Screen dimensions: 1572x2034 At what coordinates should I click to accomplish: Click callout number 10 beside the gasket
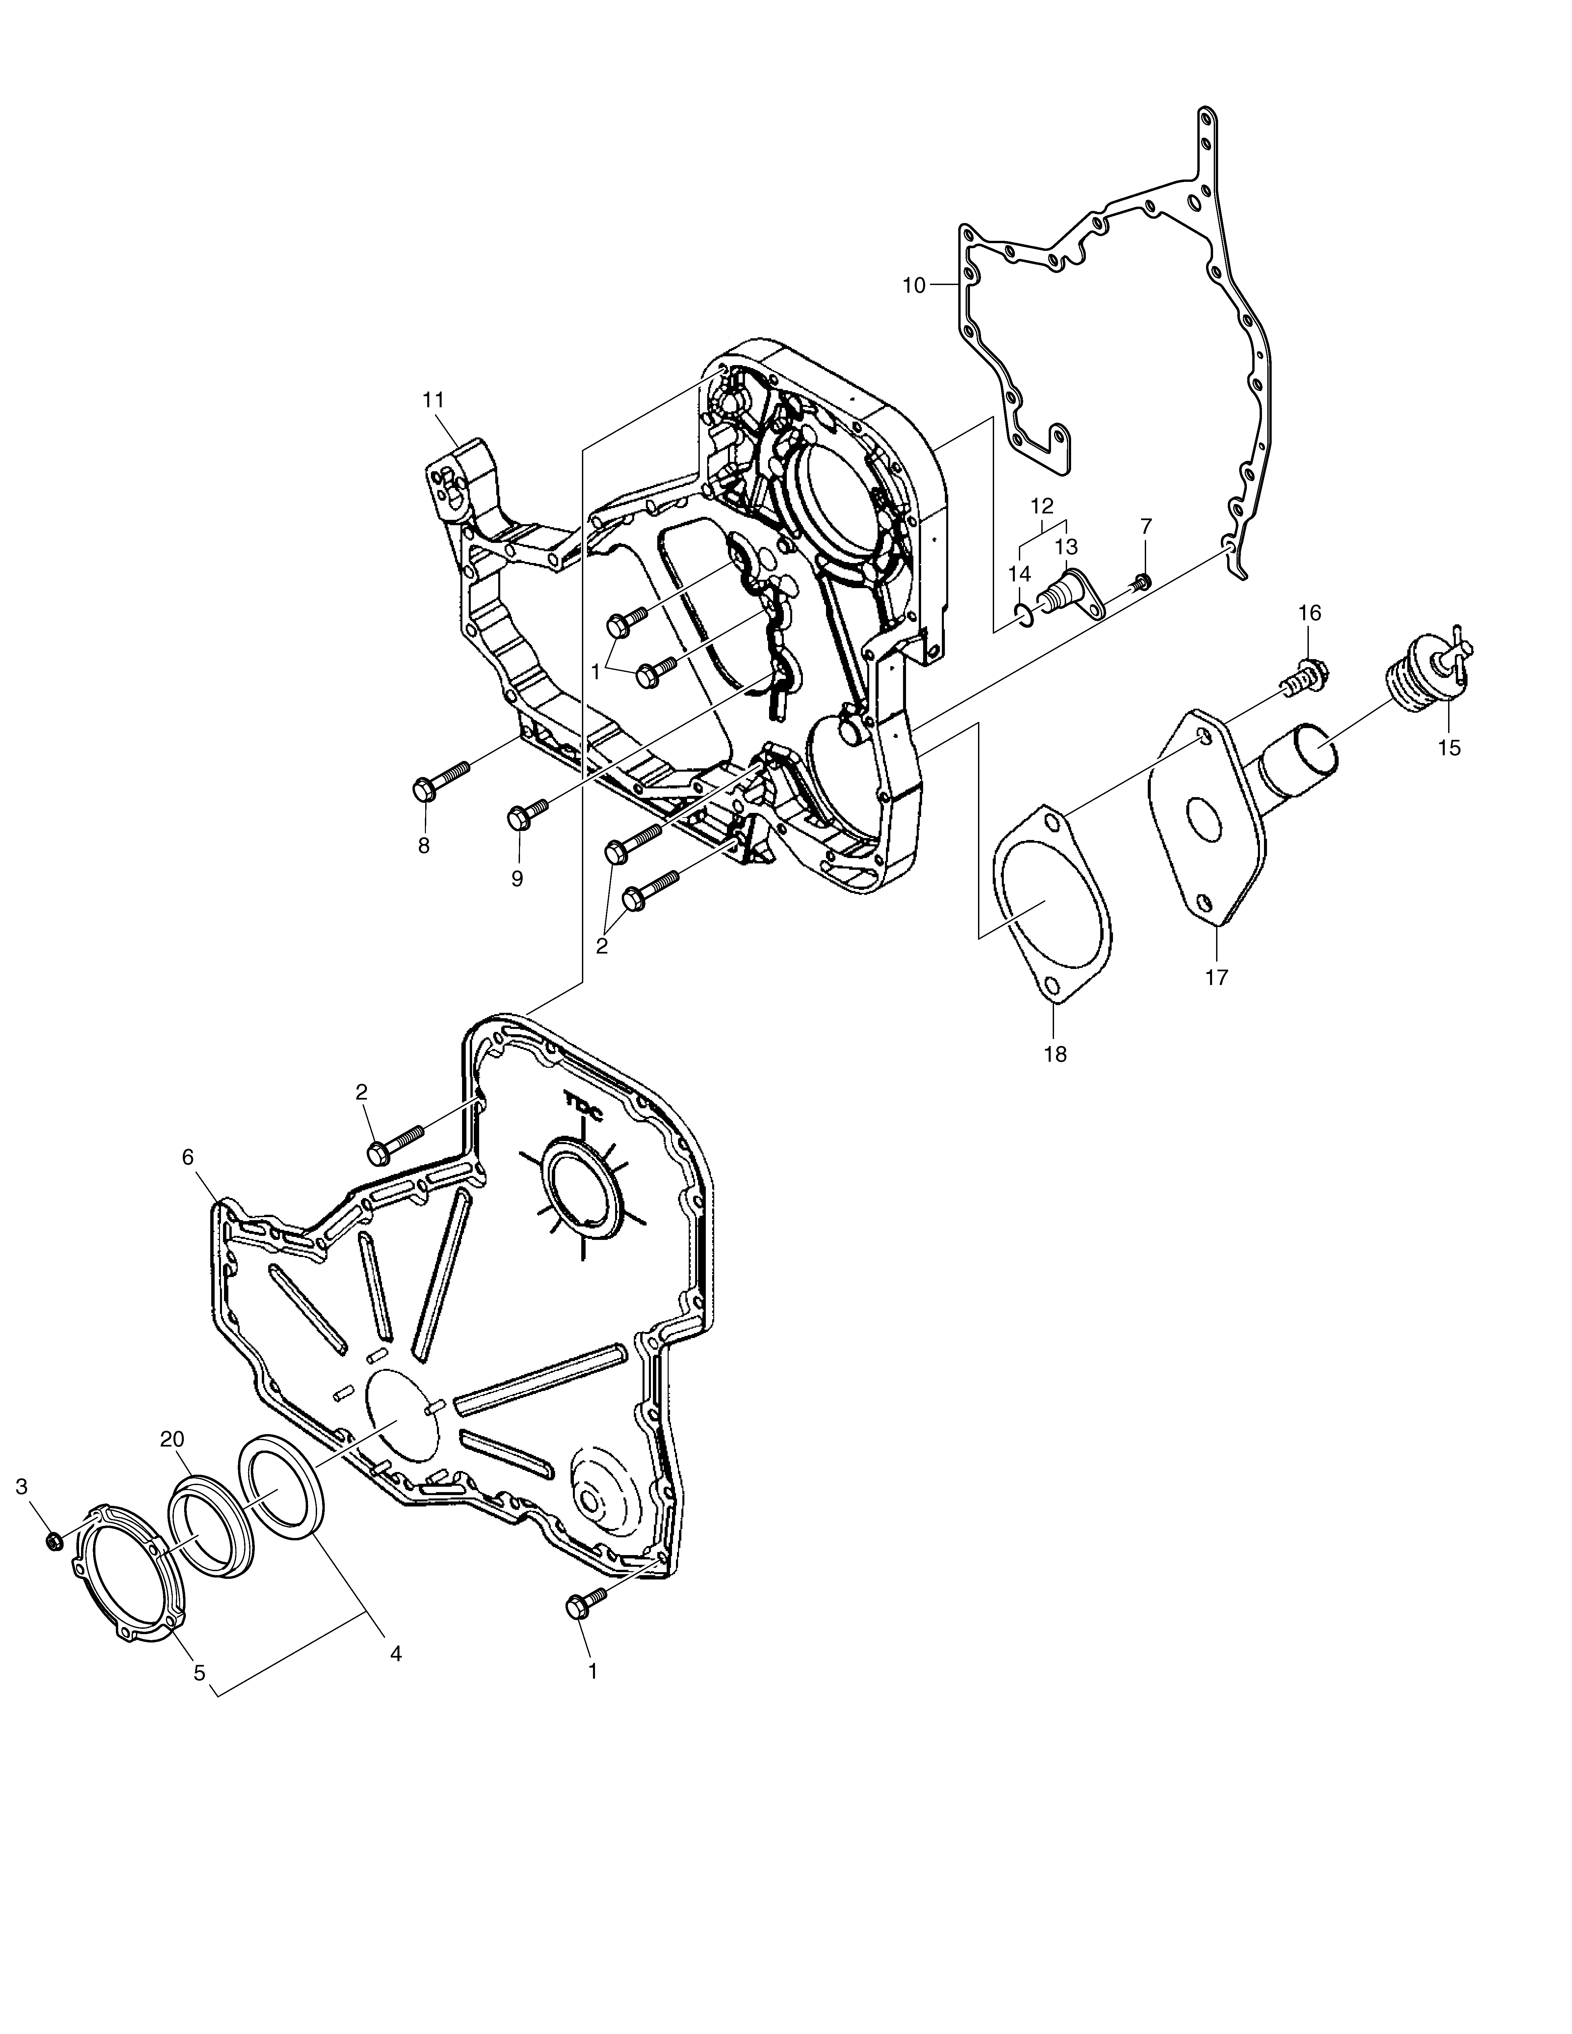[914, 286]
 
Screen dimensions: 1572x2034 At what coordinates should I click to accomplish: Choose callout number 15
[1449, 747]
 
